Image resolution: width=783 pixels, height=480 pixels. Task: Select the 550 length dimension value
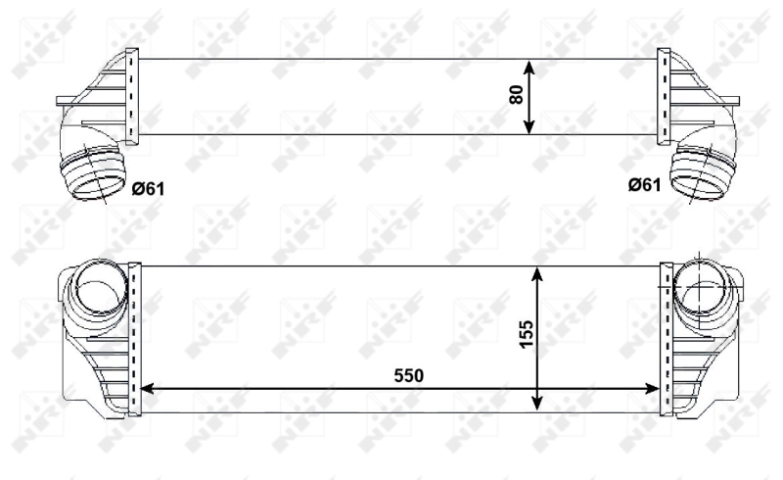[409, 375]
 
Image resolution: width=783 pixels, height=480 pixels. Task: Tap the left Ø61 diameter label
[148, 187]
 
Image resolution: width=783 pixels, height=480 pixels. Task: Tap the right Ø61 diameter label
[645, 184]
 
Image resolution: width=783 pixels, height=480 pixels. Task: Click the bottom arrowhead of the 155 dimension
[537, 404]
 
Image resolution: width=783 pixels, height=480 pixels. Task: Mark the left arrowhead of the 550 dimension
[148, 390]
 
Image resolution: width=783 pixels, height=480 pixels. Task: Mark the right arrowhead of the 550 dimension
[658, 390]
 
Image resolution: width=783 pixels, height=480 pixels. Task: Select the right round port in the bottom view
[702, 287]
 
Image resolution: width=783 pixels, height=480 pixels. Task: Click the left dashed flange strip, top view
[133, 96]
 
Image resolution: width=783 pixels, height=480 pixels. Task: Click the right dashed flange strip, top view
[664, 96]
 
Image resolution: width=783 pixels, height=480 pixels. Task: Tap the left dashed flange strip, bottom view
[135, 338]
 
